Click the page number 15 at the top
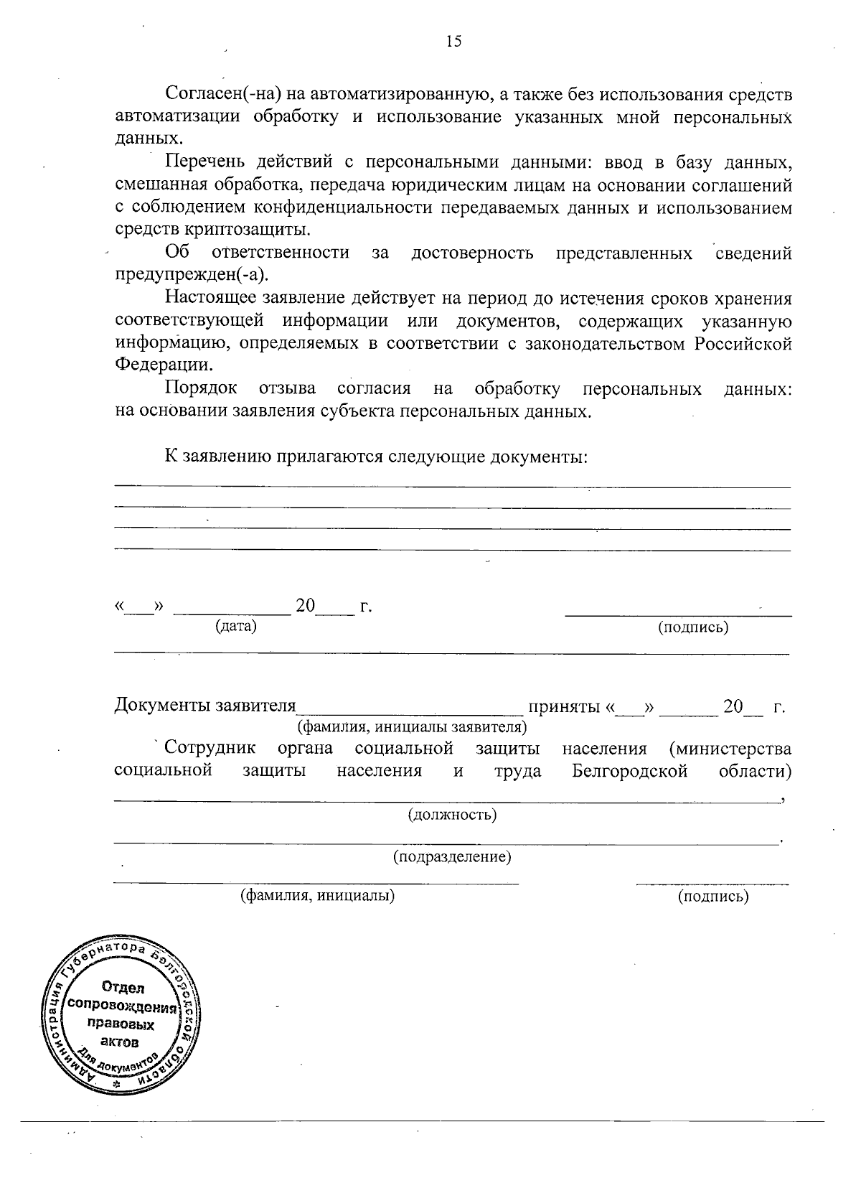click(453, 42)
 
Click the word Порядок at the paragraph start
click(201, 389)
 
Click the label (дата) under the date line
click(236, 626)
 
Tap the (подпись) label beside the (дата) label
click(693, 627)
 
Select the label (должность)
click(452, 815)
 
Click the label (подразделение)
click(452, 857)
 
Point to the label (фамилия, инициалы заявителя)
click(413, 727)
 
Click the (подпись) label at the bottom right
click(713, 896)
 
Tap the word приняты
click(564, 706)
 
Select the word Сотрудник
click(210, 749)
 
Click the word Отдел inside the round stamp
click(123, 988)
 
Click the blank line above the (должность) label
click(445, 800)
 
